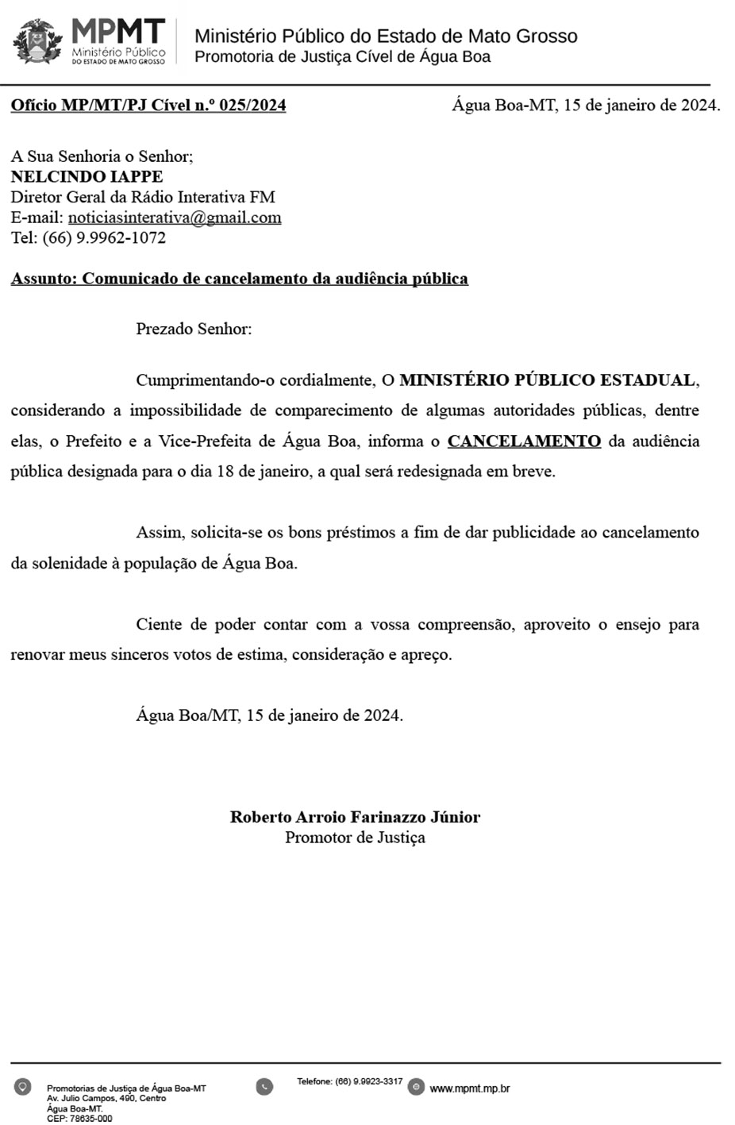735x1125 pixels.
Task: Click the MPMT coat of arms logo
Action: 37,42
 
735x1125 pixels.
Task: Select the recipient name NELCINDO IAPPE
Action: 87,176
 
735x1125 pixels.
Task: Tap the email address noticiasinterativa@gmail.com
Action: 175,218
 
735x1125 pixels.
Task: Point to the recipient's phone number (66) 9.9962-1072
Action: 104,237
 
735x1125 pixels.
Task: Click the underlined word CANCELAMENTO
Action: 524,441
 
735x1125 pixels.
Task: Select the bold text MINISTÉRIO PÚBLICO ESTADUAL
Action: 548,379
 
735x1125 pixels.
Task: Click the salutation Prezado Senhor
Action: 194,329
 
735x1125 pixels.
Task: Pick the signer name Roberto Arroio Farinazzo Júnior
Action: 355,817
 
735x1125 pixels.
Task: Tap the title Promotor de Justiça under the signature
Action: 355,838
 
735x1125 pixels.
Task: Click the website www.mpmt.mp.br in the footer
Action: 470,1088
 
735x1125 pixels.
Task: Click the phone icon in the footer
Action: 264,1086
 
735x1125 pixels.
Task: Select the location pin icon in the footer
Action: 23,1086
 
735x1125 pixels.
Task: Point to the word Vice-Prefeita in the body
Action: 208,441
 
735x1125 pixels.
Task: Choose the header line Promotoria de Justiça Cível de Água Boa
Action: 342,57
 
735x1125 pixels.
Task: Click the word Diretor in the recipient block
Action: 35,197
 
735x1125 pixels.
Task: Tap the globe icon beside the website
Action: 416,1087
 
